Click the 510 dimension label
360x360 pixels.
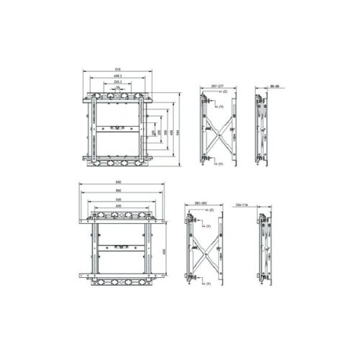tap(117, 69)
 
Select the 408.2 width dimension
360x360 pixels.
tap(117, 75)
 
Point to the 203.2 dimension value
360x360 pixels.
tap(117, 81)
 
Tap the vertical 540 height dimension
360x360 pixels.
tap(178, 130)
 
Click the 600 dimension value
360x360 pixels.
tap(119, 190)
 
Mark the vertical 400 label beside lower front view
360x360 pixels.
tap(166, 251)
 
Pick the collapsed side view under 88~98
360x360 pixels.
tap(261, 130)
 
